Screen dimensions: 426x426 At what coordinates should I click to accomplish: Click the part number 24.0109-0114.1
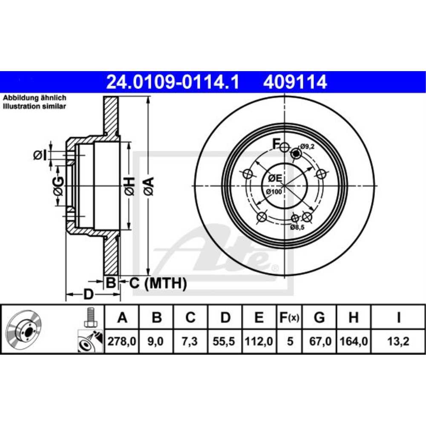[172, 82]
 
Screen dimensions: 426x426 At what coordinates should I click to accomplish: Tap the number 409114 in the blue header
[295, 82]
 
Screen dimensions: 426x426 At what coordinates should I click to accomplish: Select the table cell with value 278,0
[122, 341]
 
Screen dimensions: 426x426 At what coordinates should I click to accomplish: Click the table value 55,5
[226, 341]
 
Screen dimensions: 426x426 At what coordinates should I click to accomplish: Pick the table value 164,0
[354, 341]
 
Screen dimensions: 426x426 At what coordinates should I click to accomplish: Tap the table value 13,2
[398, 341]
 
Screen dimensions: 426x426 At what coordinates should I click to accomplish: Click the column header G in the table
[319, 317]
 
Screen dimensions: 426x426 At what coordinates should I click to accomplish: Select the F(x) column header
[290, 317]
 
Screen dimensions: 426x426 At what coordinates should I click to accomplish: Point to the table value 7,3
[190, 341]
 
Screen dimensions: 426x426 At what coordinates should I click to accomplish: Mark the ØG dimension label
[58, 187]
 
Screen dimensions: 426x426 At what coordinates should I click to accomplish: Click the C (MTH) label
[158, 282]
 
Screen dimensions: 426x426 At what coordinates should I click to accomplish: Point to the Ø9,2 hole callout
[307, 147]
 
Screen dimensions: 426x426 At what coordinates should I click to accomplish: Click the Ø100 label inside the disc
[274, 192]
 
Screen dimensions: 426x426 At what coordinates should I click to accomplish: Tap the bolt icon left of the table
[90, 317]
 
